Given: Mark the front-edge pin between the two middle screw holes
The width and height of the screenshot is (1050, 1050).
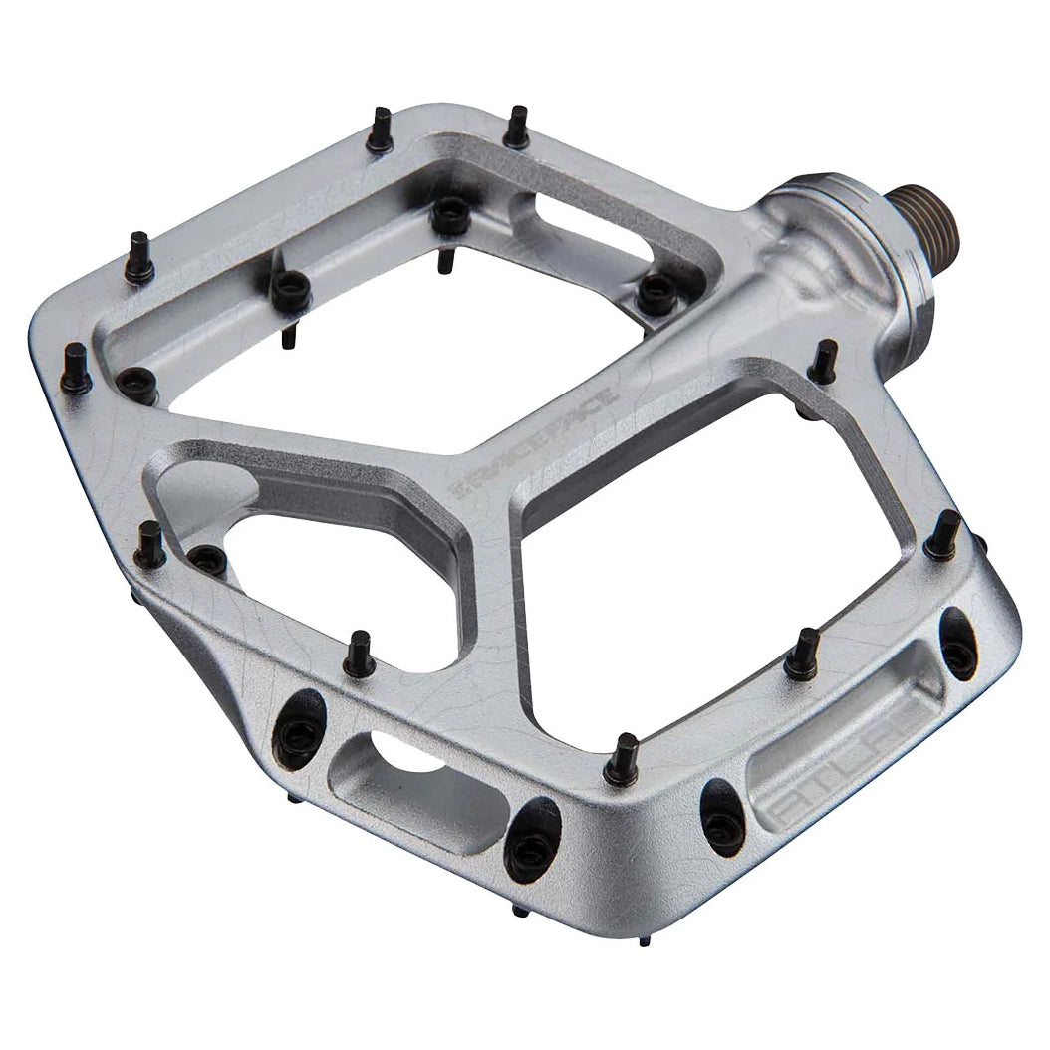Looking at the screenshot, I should coord(624,758).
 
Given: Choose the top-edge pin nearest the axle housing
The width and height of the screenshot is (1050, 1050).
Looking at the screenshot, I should coord(516,127).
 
